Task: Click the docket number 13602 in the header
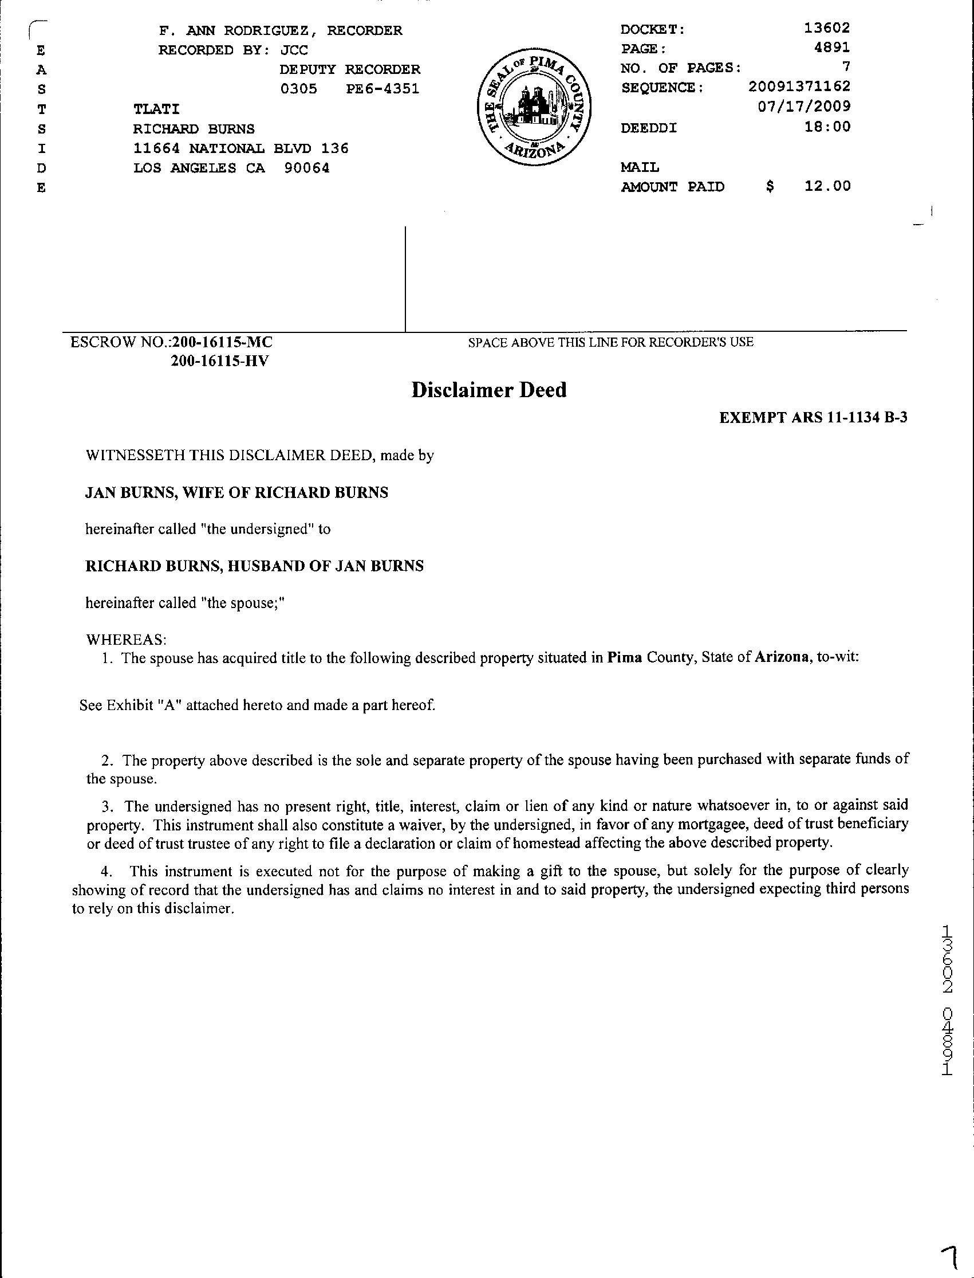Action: pos(827,28)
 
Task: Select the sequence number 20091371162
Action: pos(799,87)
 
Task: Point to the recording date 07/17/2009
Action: pos(804,107)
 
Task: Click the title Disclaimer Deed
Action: pos(489,390)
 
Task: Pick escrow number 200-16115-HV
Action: pos(220,362)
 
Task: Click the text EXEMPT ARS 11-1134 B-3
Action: pos(813,418)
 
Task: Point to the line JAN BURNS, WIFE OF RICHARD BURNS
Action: pos(236,492)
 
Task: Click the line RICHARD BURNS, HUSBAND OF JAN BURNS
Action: pos(254,566)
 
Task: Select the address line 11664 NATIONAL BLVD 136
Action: pos(240,148)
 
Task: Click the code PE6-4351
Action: pos(382,89)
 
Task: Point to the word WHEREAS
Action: pos(126,640)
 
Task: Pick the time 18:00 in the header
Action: pos(827,127)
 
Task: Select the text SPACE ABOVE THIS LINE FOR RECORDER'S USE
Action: pos(610,342)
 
